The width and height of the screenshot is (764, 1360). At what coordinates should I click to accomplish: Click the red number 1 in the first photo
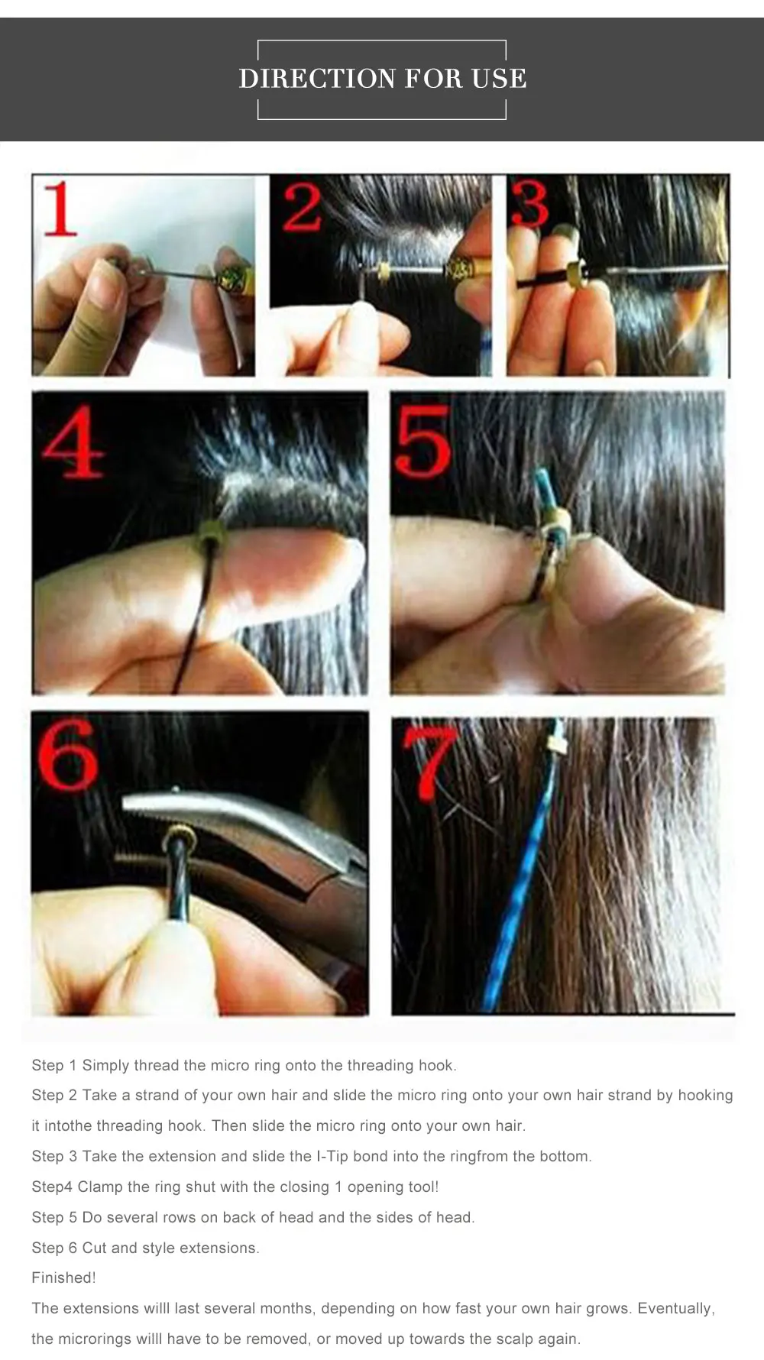[60, 209]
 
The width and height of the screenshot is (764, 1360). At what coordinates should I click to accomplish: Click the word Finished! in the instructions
[64, 1277]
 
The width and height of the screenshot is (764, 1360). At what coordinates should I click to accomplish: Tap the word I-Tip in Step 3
[332, 1156]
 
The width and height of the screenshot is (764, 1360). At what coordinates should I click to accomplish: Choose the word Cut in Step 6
[94, 1248]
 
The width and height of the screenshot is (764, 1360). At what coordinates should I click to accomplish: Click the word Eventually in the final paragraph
[676, 1309]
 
